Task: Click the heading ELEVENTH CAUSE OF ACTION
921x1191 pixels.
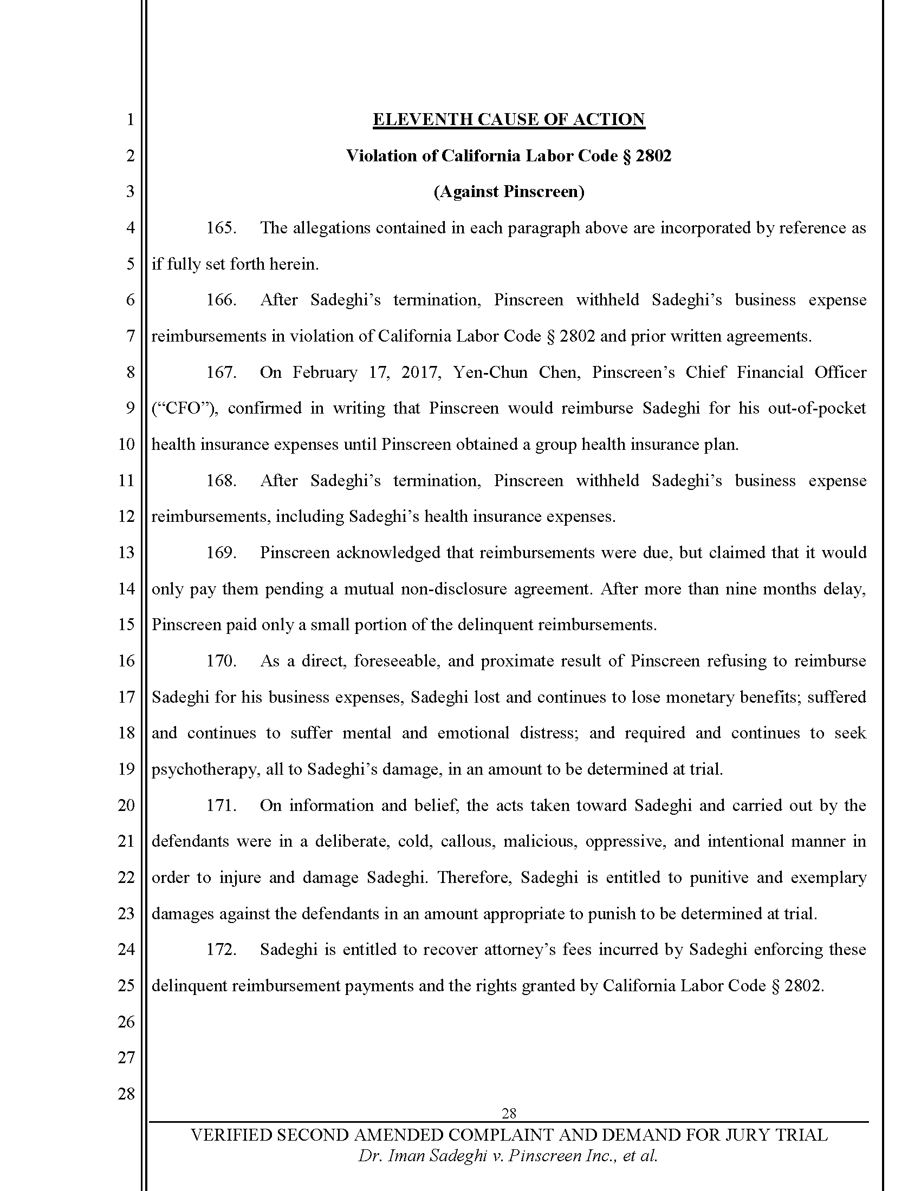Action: (x=509, y=120)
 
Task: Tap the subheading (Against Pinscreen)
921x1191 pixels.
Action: (x=509, y=192)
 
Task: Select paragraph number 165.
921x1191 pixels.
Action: (x=221, y=228)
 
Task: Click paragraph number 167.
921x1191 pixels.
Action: (x=221, y=372)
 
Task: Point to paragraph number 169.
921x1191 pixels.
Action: (x=221, y=553)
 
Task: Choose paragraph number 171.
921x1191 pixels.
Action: (x=221, y=806)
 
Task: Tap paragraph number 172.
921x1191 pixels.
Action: (x=221, y=950)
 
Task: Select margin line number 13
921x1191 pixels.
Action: (x=126, y=553)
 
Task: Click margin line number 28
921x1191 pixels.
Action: (x=126, y=1094)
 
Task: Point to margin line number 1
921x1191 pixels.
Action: (x=130, y=120)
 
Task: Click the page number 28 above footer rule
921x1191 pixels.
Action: (x=509, y=1113)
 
